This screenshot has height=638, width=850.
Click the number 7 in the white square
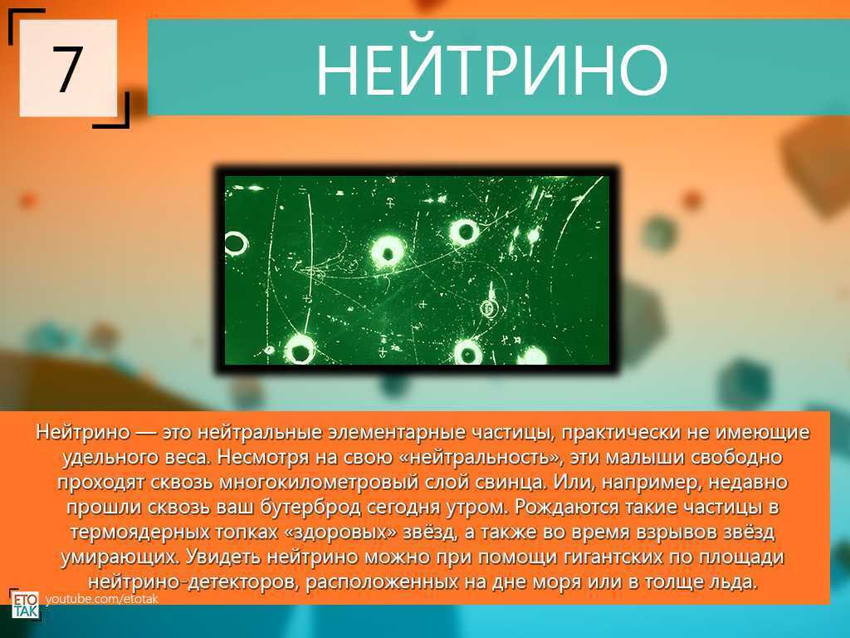point(68,68)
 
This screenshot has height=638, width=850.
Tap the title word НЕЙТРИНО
point(491,68)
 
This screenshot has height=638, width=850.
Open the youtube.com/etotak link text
point(101,599)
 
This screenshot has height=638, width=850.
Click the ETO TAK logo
point(25,604)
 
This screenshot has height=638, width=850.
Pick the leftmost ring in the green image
point(235,243)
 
